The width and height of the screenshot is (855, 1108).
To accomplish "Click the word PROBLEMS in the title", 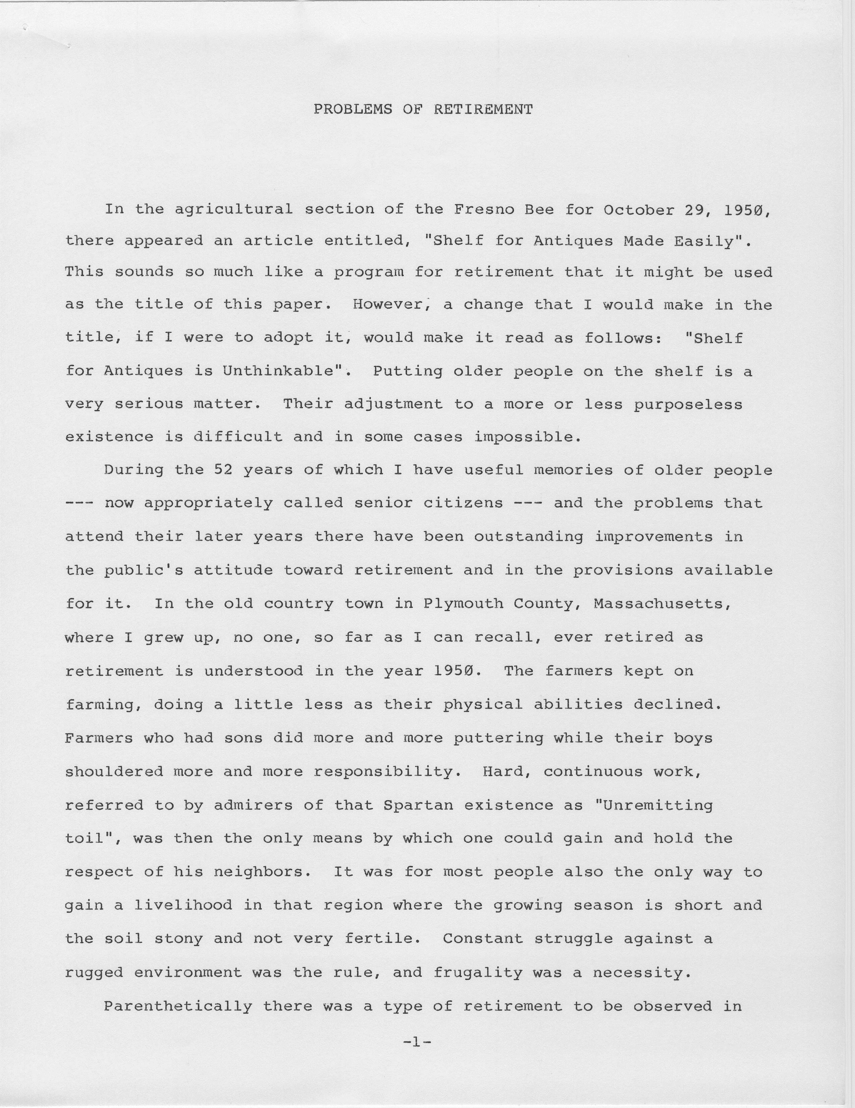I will (353, 110).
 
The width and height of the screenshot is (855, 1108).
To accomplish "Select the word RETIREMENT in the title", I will (483, 110).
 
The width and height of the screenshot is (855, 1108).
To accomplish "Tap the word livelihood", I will (183, 906).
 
